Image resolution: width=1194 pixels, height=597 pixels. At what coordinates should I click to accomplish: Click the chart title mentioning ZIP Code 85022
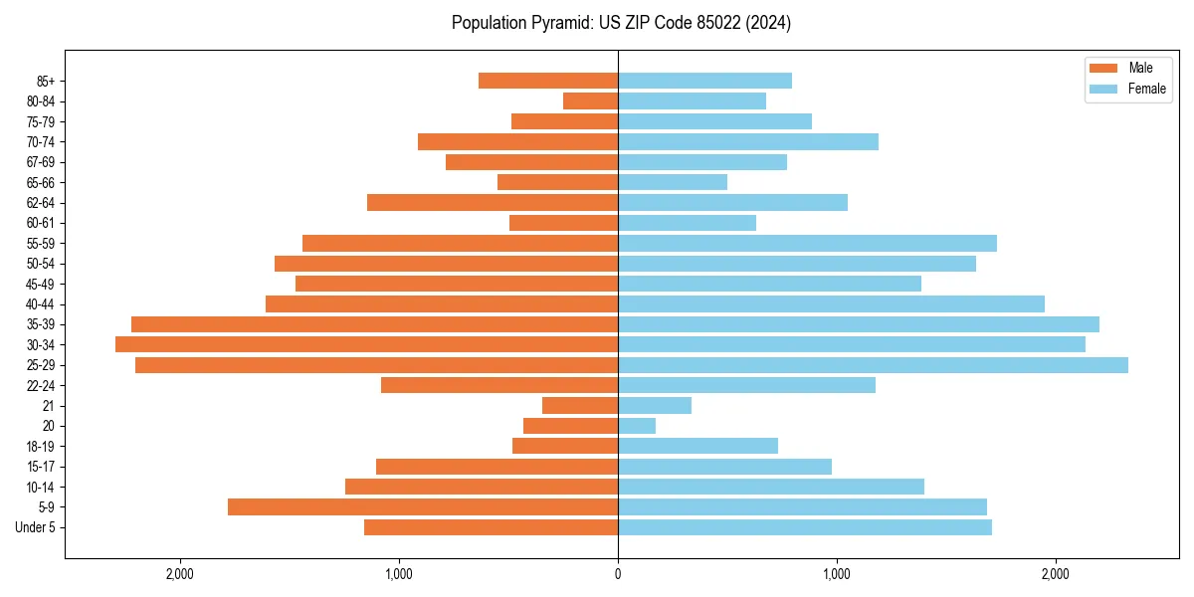point(621,23)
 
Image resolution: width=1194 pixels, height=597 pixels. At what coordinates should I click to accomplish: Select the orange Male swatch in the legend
point(1104,68)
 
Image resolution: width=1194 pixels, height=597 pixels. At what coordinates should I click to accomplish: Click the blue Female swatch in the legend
point(1104,89)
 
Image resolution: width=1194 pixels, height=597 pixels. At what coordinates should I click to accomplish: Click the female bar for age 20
point(637,426)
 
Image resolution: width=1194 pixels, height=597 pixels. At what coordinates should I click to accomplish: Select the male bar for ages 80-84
point(590,100)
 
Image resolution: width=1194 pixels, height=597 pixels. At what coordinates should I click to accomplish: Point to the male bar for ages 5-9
point(423,506)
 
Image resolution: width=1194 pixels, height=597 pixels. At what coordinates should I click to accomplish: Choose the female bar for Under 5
point(805,527)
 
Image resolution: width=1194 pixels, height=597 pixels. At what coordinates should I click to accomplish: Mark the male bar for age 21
point(580,405)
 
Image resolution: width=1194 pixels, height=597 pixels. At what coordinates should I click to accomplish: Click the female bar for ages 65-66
point(673,182)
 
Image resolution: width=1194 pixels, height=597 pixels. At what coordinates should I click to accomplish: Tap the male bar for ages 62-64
point(493,202)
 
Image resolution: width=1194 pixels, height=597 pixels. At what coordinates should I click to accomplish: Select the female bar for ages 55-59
point(807,243)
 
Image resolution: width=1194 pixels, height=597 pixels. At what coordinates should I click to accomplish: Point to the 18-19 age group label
point(41,446)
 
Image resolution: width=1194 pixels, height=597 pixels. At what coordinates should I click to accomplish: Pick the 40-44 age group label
point(41,303)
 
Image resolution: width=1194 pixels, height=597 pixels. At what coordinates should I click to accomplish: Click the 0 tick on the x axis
point(618,574)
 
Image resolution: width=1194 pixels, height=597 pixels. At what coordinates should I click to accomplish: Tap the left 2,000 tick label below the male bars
point(180,574)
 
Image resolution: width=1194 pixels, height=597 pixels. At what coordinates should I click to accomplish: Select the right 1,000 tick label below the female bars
point(837,574)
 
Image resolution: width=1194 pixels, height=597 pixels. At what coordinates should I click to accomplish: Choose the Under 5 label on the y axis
point(35,527)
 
